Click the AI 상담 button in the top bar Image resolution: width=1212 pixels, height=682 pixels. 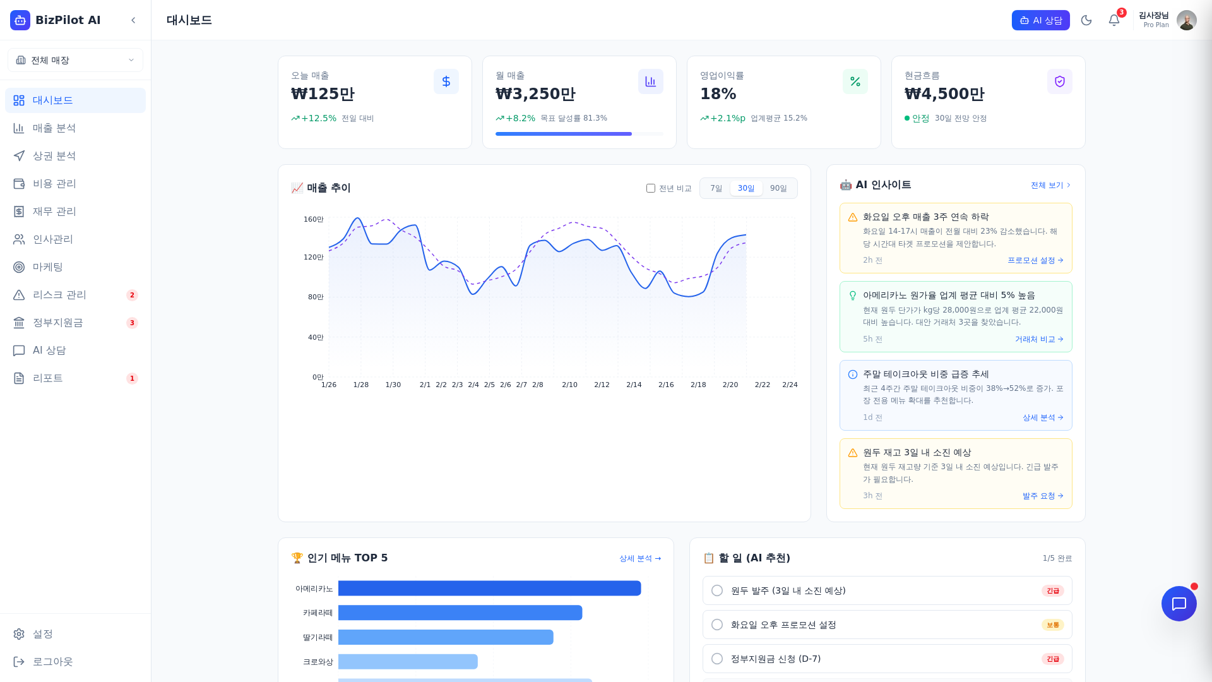pos(1040,20)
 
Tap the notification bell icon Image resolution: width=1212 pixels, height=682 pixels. pos(1114,20)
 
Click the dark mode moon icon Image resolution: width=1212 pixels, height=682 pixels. pos(1086,20)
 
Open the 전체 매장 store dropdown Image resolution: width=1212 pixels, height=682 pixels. pos(75,60)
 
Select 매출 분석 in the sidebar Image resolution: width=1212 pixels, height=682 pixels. pos(54,128)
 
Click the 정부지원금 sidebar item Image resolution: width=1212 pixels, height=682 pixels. pos(58,323)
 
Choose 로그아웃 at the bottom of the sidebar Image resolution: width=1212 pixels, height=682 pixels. pos(53,662)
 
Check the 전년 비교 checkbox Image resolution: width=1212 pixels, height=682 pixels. pos(651,188)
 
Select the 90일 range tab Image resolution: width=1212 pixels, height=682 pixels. pos(778,188)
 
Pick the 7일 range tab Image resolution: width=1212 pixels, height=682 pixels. pos(716,188)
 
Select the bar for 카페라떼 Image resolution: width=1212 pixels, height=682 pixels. pos(460,613)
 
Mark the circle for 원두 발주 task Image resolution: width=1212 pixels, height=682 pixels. pos(717,590)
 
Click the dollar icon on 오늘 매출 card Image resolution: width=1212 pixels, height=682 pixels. pos(446,81)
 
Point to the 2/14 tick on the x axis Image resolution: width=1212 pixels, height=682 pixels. pos(634,385)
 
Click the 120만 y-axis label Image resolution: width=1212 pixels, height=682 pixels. pos(313,257)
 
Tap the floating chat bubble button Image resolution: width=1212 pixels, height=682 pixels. pos(1179,604)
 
